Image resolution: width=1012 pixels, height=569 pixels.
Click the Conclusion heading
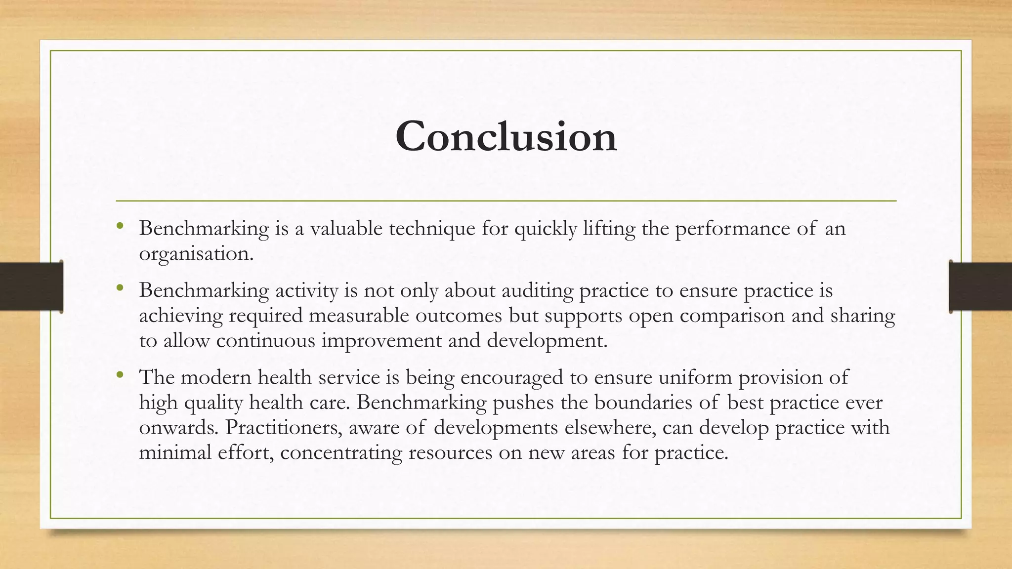(506, 136)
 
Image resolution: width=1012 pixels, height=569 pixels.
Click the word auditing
(537, 291)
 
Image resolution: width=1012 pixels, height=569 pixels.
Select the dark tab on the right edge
(980, 286)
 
